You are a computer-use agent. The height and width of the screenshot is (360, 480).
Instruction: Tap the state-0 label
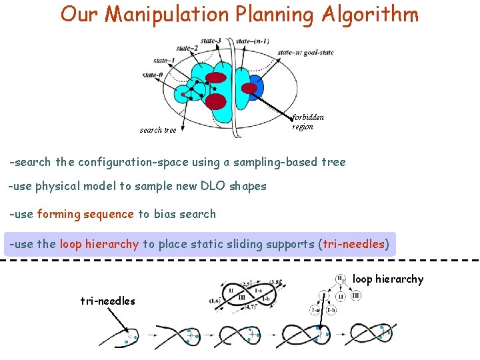[x=152, y=75]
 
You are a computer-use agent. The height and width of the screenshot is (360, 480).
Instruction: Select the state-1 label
[x=164, y=61]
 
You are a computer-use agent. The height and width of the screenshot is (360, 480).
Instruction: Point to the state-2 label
[x=187, y=48]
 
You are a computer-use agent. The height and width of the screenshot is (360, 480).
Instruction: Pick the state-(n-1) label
[x=253, y=41]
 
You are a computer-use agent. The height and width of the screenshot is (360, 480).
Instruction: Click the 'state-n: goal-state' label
[x=305, y=52]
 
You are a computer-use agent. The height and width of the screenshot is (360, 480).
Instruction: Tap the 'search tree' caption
[x=158, y=130]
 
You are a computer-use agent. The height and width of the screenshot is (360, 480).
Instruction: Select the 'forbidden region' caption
[x=308, y=122]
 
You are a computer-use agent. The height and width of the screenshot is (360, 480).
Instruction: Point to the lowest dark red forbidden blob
[x=216, y=101]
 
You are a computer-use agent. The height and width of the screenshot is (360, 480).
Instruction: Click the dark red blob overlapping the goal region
[x=249, y=88]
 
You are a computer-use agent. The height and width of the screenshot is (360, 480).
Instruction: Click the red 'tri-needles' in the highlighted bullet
[x=354, y=244]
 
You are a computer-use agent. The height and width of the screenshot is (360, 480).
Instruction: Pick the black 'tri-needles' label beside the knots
[x=107, y=301]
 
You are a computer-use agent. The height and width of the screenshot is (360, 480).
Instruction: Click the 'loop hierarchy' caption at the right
[x=388, y=279]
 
